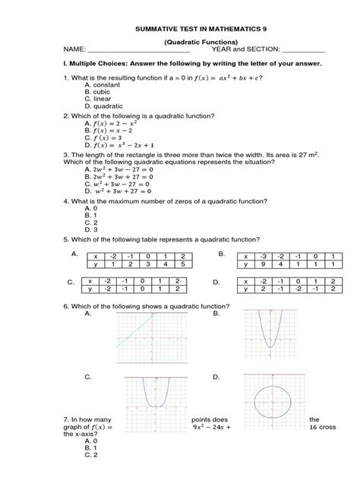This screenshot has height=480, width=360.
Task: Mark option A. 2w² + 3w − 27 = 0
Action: coord(122,170)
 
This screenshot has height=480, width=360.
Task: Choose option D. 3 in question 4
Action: coord(93,229)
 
